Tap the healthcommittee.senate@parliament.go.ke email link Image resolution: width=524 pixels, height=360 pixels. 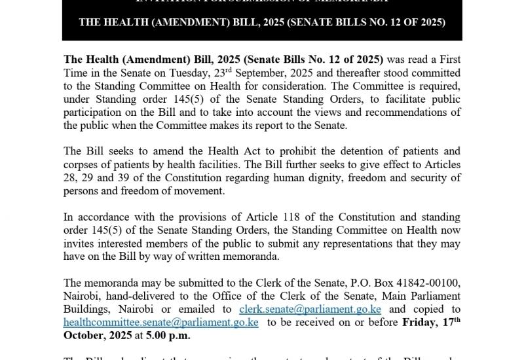(x=161, y=322)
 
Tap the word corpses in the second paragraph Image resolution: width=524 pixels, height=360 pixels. (x=82, y=164)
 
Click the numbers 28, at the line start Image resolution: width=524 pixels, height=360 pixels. (x=72, y=177)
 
